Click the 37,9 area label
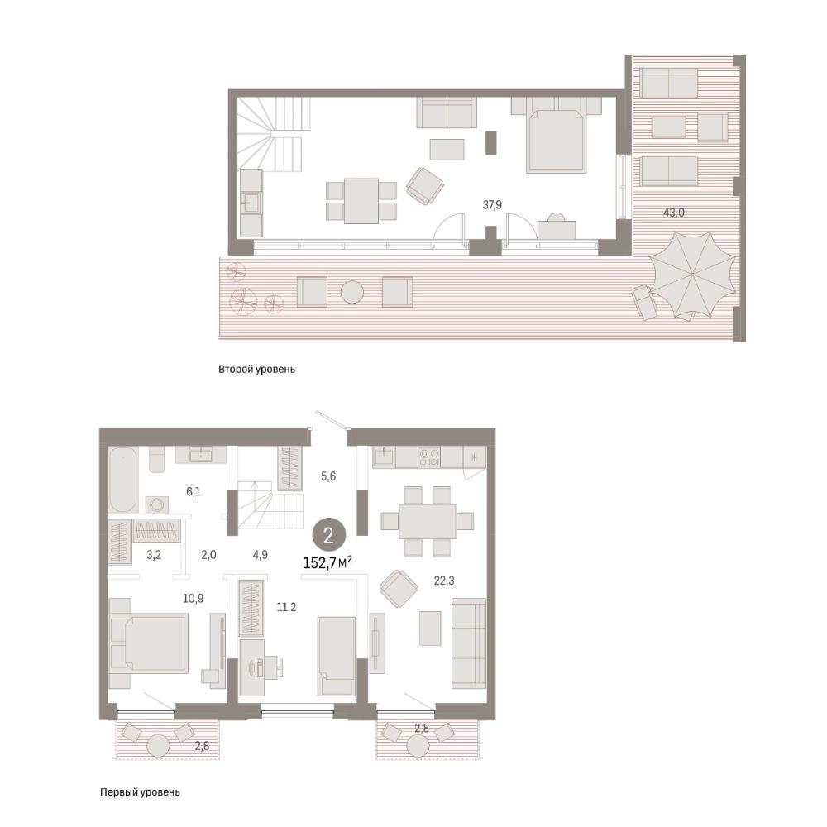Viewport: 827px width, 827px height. [491, 204]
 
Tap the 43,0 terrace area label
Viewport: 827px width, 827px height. [673, 213]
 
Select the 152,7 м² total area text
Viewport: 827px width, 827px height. [327, 562]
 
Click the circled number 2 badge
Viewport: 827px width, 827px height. [328, 536]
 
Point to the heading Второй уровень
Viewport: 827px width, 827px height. [257, 369]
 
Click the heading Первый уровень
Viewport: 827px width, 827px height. [140, 791]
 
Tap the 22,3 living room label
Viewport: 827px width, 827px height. [443, 581]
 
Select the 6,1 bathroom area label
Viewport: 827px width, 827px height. [193, 491]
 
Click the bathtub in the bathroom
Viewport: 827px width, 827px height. [123, 480]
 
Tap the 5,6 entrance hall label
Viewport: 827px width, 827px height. [328, 476]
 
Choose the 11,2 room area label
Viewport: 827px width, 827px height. [286, 607]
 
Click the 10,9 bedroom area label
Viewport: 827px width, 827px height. [193, 599]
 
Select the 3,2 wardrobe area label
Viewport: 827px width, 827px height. [154, 555]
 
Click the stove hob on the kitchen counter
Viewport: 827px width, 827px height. [429, 457]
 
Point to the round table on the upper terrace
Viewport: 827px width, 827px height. [351, 292]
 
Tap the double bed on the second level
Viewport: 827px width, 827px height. [557, 139]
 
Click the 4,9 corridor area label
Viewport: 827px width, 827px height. [260, 554]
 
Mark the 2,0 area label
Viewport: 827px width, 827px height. [209, 555]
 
